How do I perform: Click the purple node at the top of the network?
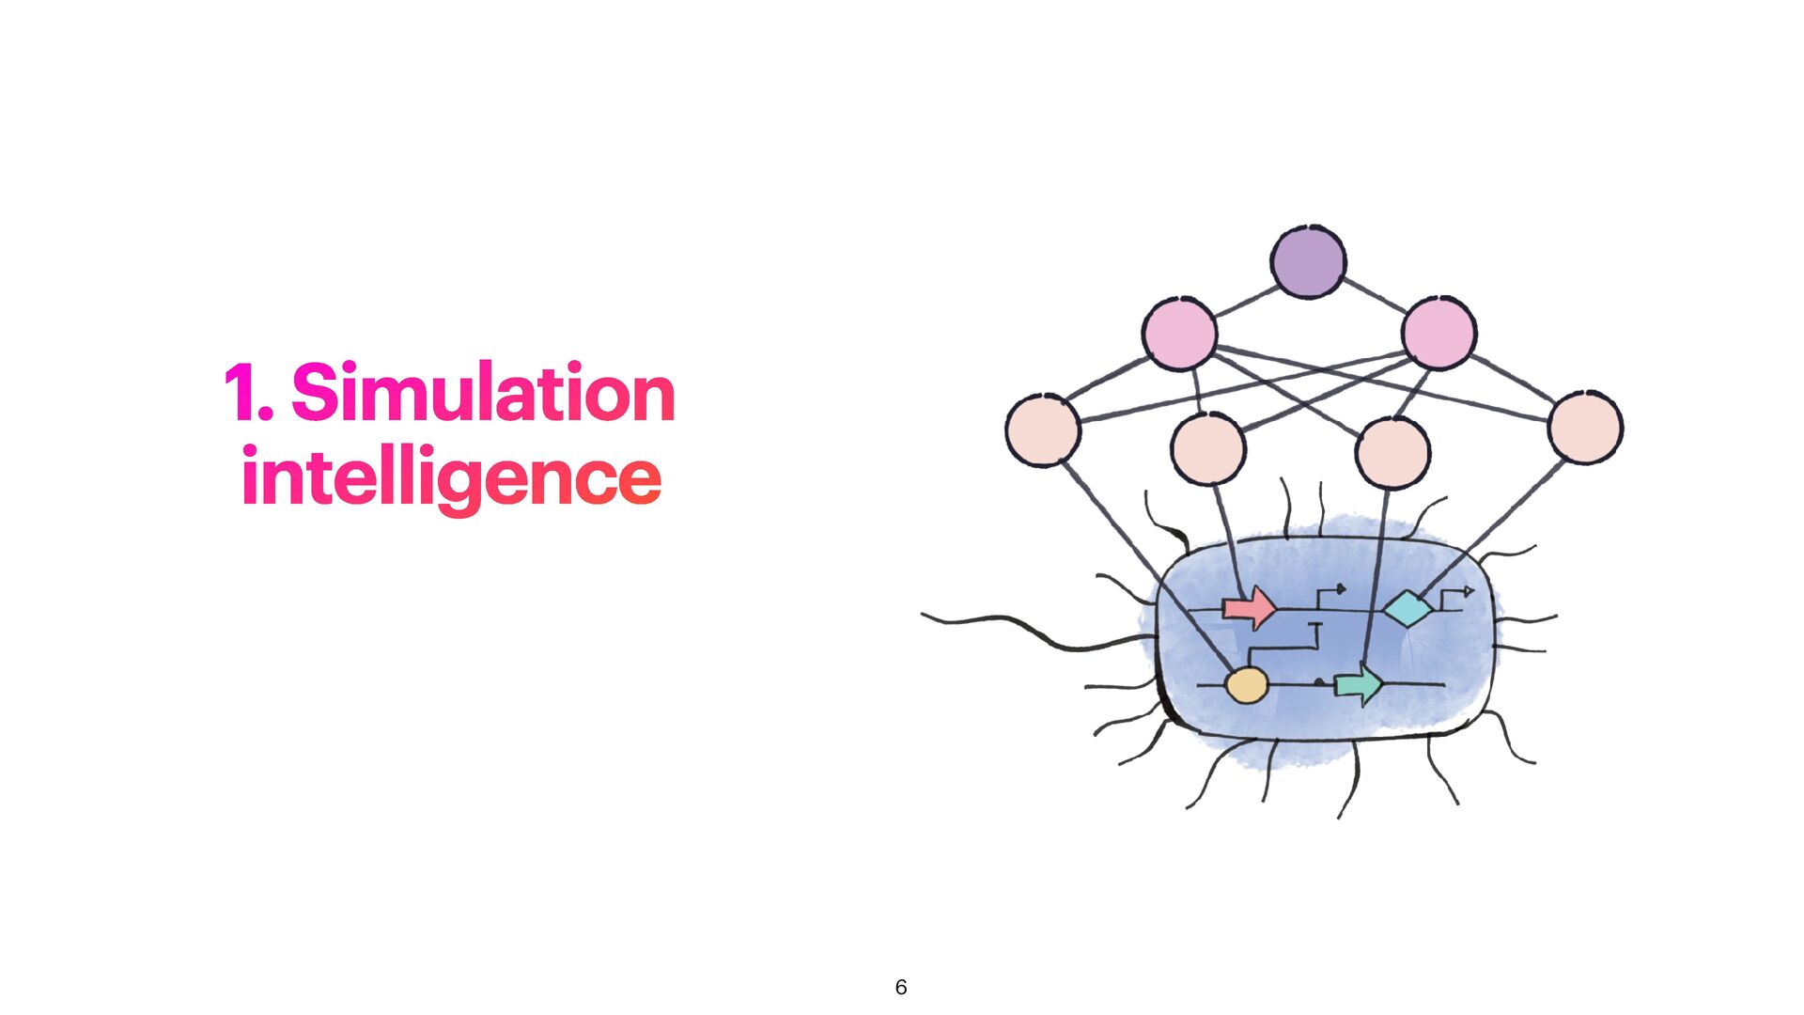(x=1308, y=262)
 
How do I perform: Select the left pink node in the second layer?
(x=1180, y=334)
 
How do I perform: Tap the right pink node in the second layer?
(x=1439, y=333)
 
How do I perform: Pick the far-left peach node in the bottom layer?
(x=1043, y=430)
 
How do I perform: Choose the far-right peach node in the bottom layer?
(x=1585, y=428)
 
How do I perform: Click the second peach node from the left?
(x=1208, y=449)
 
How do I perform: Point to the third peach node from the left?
(x=1392, y=453)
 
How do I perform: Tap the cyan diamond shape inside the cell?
(x=1407, y=609)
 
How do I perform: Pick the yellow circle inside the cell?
(x=1247, y=685)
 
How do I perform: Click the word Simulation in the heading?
(x=483, y=393)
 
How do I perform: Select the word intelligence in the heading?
(x=451, y=477)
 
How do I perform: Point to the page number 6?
(x=901, y=987)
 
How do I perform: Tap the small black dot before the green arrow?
(x=1319, y=682)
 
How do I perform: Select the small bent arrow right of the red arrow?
(x=1330, y=592)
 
